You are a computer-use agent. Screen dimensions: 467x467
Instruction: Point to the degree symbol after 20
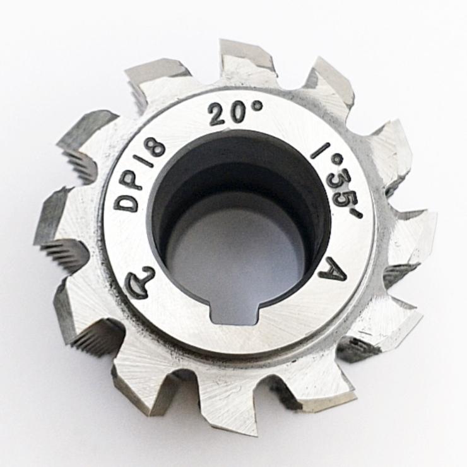click(x=258, y=105)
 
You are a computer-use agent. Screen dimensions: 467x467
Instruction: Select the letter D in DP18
click(x=128, y=203)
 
